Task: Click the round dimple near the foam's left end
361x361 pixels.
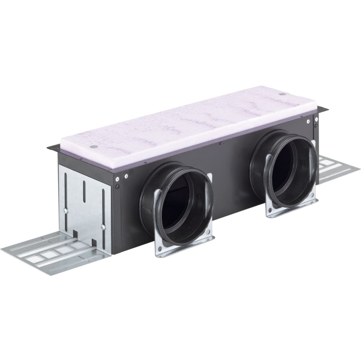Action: (x=93, y=147)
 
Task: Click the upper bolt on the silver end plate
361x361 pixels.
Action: (x=66, y=210)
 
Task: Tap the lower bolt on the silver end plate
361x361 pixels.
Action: (x=103, y=227)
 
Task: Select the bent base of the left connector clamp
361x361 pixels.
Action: (x=184, y=247)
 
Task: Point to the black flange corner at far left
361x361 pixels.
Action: (x=51, y=147)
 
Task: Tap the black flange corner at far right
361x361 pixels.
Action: (x=325, y=108)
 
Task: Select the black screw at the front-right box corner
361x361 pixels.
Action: (x=316, y=126)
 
